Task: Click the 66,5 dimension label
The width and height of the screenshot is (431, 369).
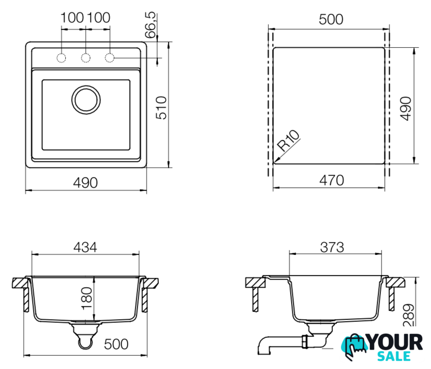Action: click(150, 25)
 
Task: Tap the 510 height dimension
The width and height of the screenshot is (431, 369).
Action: click(161, 108)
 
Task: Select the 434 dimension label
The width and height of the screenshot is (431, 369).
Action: click(85, 247)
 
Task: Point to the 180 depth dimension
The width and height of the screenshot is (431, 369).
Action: click(87, 298)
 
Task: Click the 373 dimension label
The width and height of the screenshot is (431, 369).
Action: click(332, 247)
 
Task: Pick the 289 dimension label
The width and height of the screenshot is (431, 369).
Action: click(408, 315)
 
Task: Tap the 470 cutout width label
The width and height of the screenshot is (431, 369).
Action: click(332, 180)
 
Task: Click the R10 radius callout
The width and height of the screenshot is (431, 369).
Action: click(288, 141)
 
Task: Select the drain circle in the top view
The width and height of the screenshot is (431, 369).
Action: click(86, 100)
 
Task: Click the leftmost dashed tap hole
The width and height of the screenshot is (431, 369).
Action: click(61, 58)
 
